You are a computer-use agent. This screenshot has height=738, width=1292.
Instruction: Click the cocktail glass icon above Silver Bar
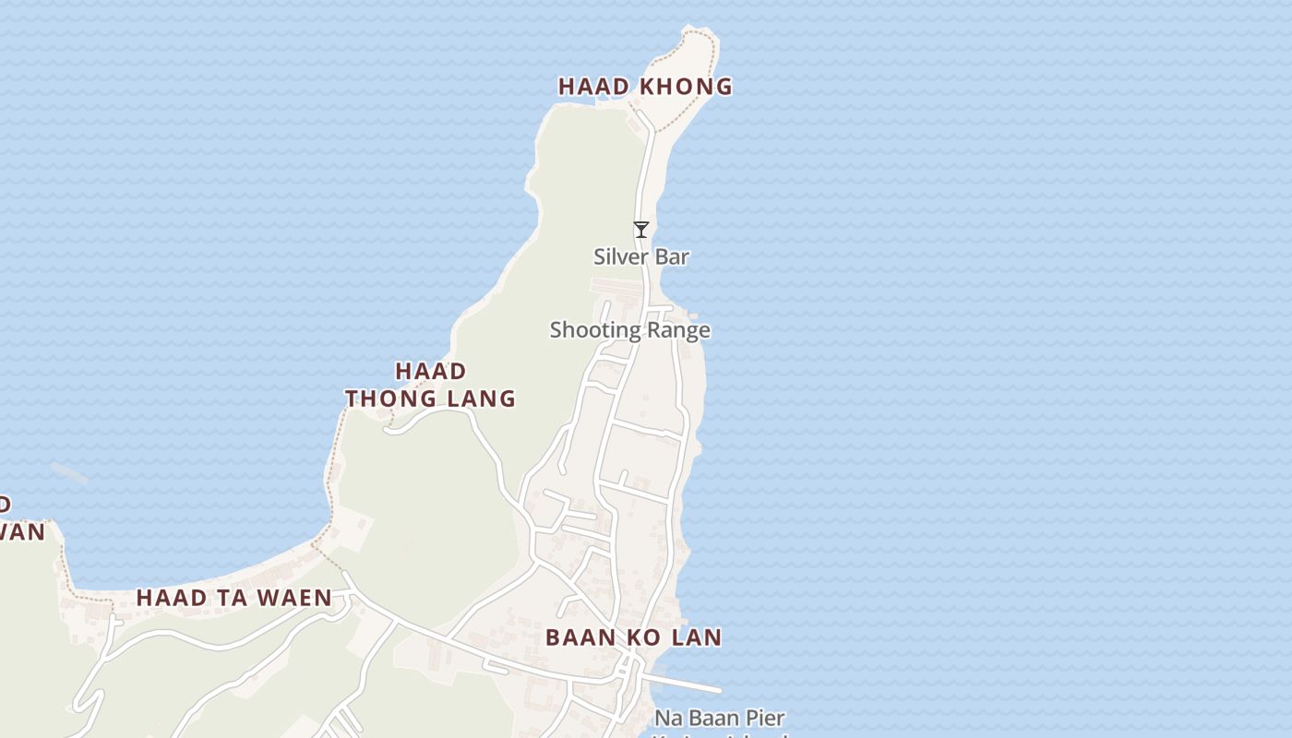click(641, 230)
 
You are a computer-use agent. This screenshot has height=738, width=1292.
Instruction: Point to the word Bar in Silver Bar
click(671, 256)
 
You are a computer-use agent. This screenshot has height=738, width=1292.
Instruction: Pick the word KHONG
click(684, 87)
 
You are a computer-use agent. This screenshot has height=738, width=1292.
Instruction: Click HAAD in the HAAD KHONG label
click(594, 87)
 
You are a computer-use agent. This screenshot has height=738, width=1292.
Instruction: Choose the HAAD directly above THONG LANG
click(431, 371)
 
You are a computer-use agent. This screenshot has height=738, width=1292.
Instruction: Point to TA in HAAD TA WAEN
click(234, 598)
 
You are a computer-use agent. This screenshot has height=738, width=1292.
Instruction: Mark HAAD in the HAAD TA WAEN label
click(173, 598)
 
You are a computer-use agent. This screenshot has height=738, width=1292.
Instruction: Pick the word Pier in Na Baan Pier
click(764, 718)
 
